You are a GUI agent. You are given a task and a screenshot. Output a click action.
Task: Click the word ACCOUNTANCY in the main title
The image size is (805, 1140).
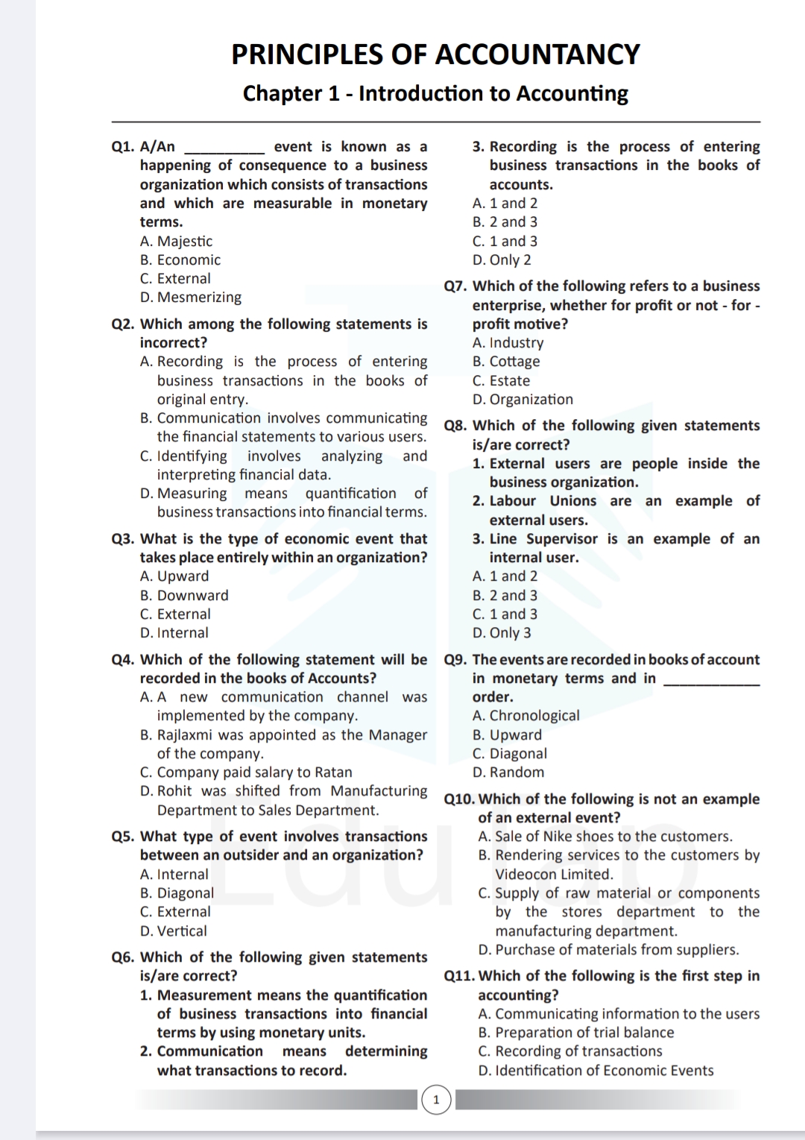(x=537, y=54)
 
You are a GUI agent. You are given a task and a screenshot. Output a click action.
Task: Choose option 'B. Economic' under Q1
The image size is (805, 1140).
(x=180, y=260)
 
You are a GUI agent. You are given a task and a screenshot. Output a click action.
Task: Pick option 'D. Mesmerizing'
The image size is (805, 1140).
(x=191, y=297)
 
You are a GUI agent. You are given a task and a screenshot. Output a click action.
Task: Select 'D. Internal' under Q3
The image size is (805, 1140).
(x=174, y=633)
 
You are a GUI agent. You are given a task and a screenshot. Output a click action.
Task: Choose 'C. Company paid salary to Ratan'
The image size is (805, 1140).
(x=246, y=772)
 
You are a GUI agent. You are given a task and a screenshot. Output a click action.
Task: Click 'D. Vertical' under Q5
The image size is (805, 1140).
(x=174, y=931)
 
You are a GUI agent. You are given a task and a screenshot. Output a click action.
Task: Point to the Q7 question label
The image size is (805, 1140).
(x=455, y=286)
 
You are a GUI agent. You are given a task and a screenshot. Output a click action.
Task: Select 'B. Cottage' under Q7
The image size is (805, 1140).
(x=506, y=362)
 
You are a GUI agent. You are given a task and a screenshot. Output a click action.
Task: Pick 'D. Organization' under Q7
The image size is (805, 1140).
(x=523, y=400)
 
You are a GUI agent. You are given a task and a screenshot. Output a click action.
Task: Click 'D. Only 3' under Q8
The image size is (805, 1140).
(x=502, y=633)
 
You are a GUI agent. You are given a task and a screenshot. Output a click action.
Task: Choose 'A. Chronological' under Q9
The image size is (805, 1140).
(x=525, y=716)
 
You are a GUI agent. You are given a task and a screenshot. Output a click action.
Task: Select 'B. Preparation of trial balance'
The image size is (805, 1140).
(x=575, y=1033)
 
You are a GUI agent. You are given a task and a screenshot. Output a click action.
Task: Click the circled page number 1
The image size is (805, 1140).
(x=437, y=1100)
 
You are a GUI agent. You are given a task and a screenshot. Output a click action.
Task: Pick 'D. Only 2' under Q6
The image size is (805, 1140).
(x=502, y=260)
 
